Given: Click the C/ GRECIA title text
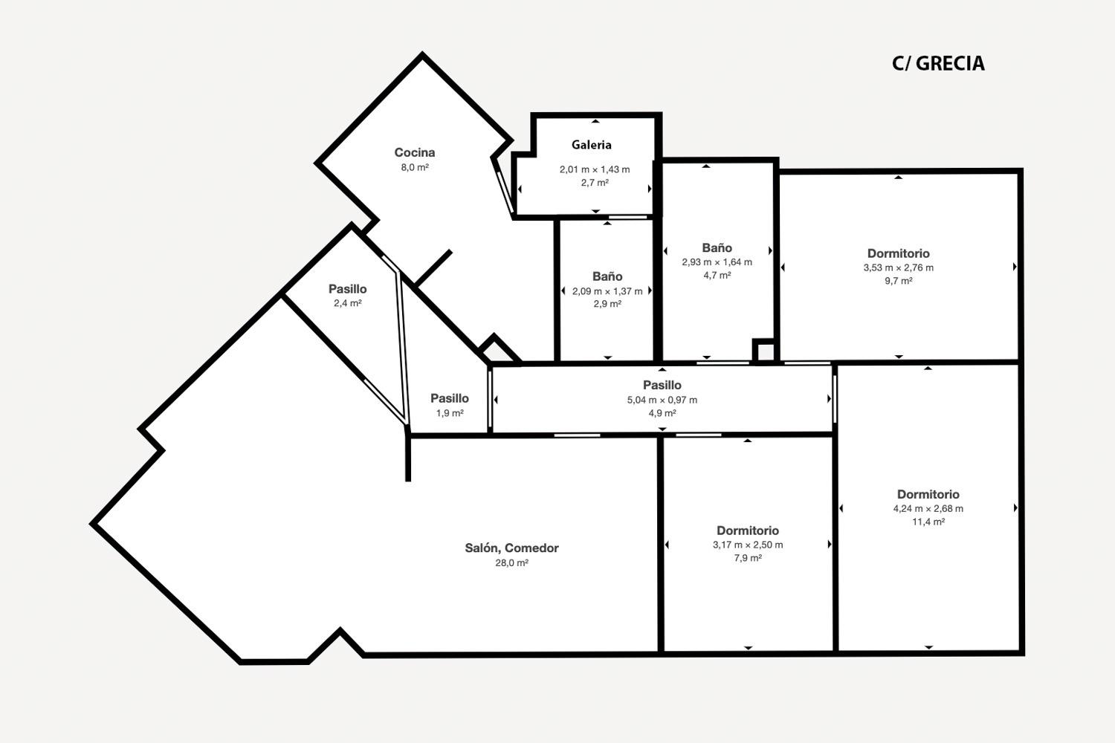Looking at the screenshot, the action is click(x=938, y=64).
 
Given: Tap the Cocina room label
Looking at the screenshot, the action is click(x=415, y=152).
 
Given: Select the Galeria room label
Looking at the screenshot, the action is click(x=592, y=145).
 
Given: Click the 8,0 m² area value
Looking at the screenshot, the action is click(x=415, y=167).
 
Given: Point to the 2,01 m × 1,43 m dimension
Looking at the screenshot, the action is click(x=595, y=169).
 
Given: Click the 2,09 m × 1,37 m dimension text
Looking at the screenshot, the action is click(x=607, y=291).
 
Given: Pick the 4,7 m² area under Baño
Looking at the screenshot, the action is click(x=717, y=275).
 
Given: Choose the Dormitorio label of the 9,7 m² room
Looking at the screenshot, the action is click(x=899, y=253).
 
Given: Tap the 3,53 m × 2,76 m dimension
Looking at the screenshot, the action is click(x=899, y=267).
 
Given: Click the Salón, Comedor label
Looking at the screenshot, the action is click(x=511, y=548).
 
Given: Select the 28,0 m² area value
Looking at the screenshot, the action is click(x=511, y=563).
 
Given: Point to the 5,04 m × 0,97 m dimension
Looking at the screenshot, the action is click(x=662, y=400).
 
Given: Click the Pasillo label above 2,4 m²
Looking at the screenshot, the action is click(x=347, y=288).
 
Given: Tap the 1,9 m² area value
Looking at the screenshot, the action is click(x=450, y=413).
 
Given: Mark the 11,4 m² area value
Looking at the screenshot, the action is click(x=928, y=522).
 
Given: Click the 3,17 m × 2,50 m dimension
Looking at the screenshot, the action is click(x=748, y=545).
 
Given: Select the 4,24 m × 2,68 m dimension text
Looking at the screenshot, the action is click(x=928, y=509).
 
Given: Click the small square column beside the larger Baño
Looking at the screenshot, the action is click(x=766, y=351).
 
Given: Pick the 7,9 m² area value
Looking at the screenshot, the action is click(x=748, y=558).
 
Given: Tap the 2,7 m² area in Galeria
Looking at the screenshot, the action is click(x=595, y=183).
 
